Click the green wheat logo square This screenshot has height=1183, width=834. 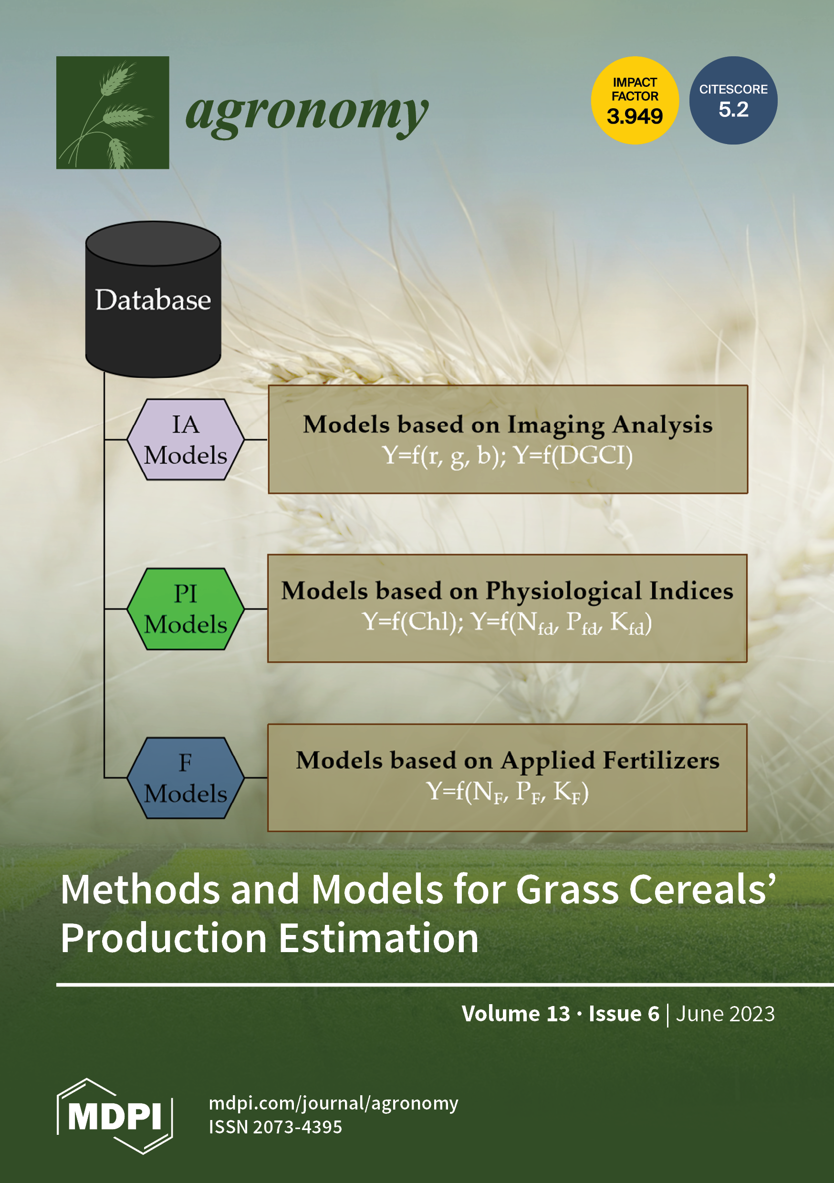113,112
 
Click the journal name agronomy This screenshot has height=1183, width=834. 307,113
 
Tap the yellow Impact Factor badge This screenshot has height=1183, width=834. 635,100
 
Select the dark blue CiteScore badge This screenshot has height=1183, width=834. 733,100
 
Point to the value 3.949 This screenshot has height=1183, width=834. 635,116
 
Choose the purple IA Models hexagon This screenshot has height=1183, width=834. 186,439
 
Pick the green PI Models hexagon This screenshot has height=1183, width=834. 186,609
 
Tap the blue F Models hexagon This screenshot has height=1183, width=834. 186,778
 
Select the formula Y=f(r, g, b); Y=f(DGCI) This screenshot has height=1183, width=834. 508,456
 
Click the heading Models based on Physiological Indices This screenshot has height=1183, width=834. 507,591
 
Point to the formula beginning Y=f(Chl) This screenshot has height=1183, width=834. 507,623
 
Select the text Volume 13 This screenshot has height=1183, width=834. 516,1014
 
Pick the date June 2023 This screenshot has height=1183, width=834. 725,1014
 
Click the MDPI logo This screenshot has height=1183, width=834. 115,1116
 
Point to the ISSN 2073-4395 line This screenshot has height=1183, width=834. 275,1127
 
